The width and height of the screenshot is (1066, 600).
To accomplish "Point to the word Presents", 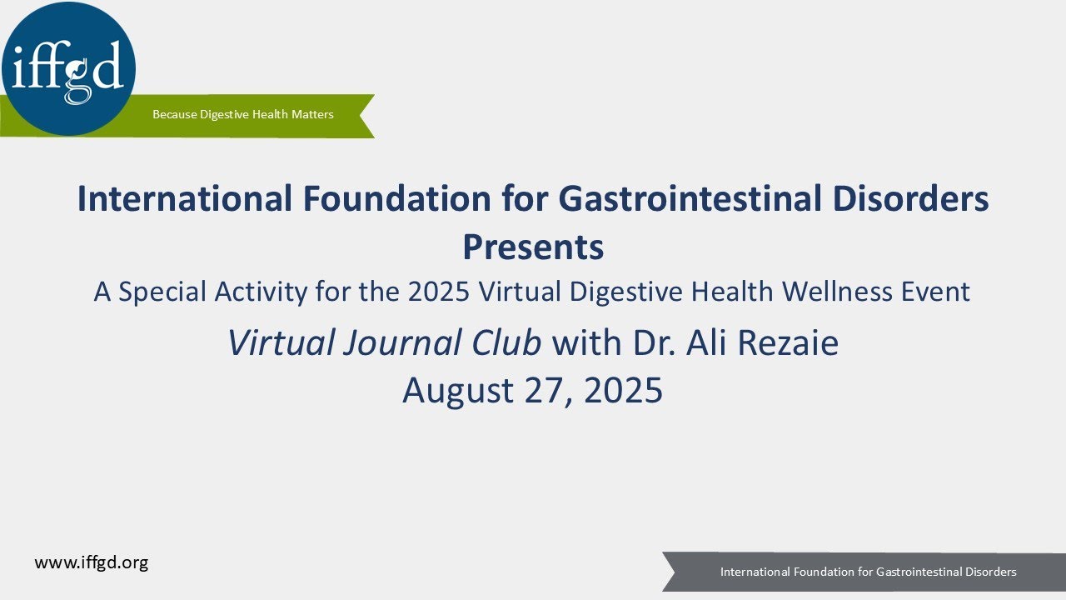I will (533, 247).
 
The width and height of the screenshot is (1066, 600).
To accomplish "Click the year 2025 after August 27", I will (623, 390).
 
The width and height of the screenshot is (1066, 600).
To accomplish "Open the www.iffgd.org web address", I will (91, 562).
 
